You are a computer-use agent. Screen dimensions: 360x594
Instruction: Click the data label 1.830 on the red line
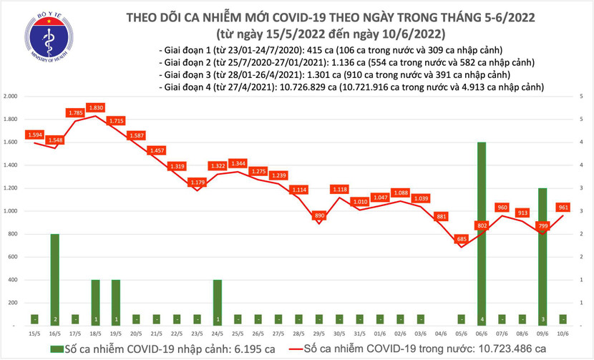pos(95,107)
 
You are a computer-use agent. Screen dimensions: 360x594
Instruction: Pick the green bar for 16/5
pos(54,279)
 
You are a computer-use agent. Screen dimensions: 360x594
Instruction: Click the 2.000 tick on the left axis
pos(11,97)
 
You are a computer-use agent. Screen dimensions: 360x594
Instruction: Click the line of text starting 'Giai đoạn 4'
pos(351,87)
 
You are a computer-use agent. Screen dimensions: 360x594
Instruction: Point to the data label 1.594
pos(34,135)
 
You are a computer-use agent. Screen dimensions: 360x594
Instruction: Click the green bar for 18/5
pos(95,302)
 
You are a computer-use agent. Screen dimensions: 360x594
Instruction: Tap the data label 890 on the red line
pos(320,215)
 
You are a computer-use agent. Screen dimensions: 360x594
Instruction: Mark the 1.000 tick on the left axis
pos(11,211)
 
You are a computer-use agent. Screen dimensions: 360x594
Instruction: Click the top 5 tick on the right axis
pos(584,97)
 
